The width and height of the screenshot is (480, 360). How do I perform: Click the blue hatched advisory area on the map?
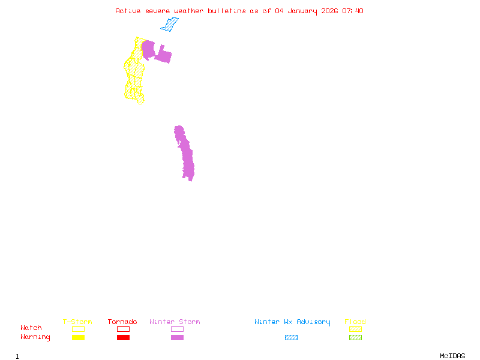click(170, 25)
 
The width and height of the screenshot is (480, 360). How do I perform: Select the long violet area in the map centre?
click(186, 155)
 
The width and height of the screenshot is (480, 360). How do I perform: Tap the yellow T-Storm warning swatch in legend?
click(78, 337)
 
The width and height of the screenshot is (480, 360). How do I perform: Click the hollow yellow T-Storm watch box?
click(78, 329)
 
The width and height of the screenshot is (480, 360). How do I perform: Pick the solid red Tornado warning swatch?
click(123, 337)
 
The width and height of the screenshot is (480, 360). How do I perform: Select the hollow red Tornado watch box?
click(123, 329)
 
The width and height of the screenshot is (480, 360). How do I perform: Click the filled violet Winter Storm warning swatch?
click(177, 337)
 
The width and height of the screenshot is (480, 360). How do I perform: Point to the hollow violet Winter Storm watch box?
click(177, 329)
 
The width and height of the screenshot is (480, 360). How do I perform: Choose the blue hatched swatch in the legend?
click(291, 337)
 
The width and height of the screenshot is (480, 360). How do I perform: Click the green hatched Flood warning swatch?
click(355, 337)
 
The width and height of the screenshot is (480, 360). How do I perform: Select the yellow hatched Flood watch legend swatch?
click(355, 329)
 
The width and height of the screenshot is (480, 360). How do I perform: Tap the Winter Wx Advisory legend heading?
click(292, 322)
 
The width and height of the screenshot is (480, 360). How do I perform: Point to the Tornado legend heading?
click(122, 322)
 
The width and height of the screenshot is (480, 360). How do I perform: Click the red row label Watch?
click(31, 328)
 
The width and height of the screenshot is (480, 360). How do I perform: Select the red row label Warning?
click(35, 337)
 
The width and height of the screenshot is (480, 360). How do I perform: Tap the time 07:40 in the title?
click(353, 11)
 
